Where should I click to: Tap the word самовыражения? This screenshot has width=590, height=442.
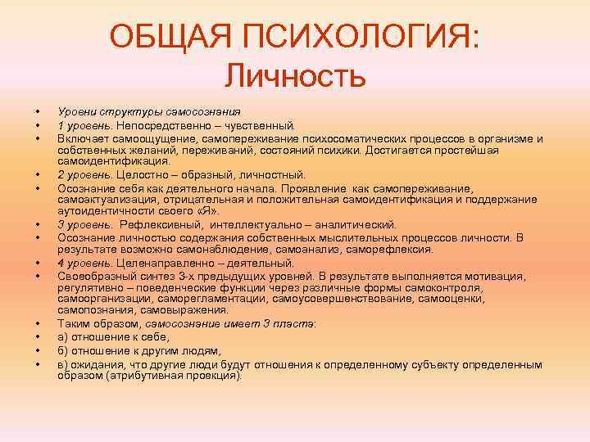(184, 310)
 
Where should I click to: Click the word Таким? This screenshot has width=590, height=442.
(73, 324)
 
